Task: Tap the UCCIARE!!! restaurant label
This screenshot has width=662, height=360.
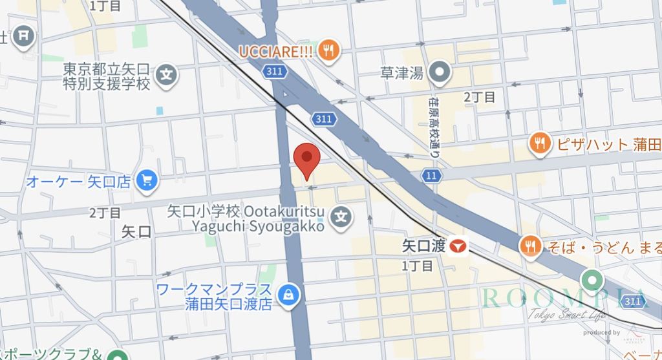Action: click(x=276, y=50)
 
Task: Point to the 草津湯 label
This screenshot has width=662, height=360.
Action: click(x=402, y=73)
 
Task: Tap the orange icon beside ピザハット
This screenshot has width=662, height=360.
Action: click(x=539, y=143)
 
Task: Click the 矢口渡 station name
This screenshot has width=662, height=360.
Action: click(x=423, y=246)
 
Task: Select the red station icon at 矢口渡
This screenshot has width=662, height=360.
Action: click(x=458, y=246)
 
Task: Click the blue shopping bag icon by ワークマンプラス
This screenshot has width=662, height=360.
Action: click(x=287, y=295)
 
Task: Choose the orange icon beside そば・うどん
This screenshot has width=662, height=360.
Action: click(x=530, y=245)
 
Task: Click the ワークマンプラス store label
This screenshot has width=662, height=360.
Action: click(x=214, y=296)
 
